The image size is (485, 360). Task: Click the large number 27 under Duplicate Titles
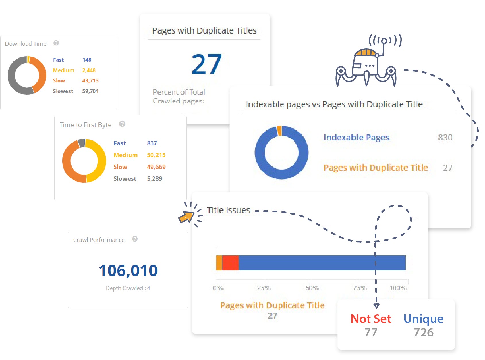[206, 64]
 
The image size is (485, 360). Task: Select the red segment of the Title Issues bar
[230, 263]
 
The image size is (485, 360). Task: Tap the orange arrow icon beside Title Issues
[186, 217]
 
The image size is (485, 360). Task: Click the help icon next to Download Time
[56, 43]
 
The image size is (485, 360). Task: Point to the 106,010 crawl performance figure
[128, 271]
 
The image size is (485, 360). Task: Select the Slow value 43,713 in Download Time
[90, 81]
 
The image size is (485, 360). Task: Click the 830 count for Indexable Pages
[445, 138]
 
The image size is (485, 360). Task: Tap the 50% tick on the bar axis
[312, 288]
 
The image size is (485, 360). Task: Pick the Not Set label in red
[371, 319]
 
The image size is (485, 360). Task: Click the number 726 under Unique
[423, 332]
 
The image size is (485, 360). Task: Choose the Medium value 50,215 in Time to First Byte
[156, 155]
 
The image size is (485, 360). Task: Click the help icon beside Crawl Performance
[135, 239]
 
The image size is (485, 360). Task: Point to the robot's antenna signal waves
[385, 40]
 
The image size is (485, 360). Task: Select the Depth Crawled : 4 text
[128, 288]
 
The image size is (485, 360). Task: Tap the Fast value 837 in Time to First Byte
[152, 143]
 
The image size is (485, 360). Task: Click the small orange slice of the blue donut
[279, 131]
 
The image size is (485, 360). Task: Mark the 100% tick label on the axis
[398, 288]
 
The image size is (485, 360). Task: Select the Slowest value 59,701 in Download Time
[90, 91]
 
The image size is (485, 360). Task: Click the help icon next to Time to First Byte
[122, 124]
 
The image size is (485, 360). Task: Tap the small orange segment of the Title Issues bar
[219, 263]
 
